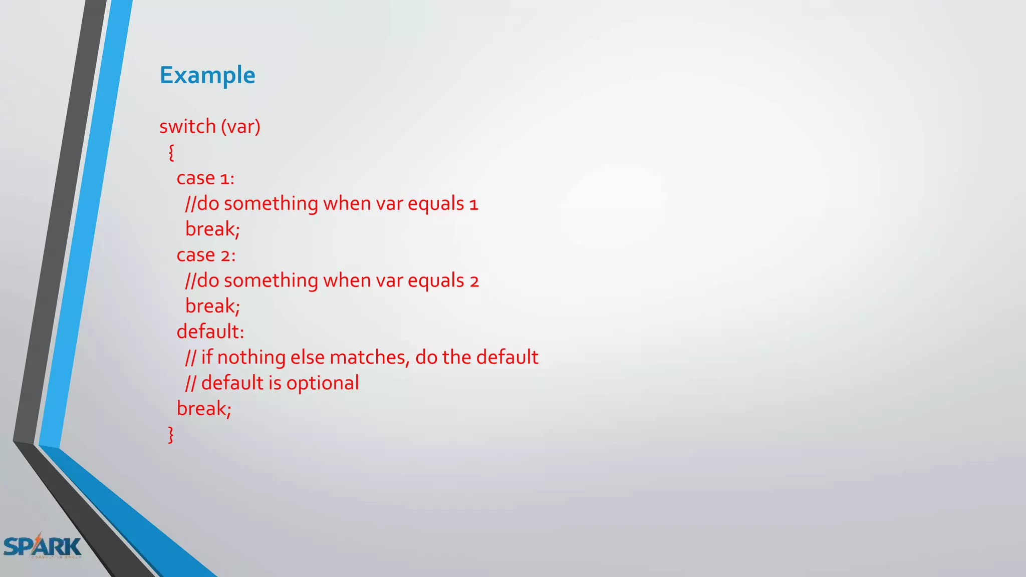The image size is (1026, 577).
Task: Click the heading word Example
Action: pyautogui.click(x=207, y=75)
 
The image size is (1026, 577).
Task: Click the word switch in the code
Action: pyautogui.click(x=187, y=126)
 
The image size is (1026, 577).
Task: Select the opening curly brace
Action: pyautogui.click(x=171, y=152)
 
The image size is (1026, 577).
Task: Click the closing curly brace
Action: pyautogui.click(x=171, y=434)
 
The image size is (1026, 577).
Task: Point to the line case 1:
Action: pyautogui.click(x=205, y=178)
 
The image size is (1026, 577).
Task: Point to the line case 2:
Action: pyautogui.click(x=206, y=255)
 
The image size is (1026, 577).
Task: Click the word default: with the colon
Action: pyautogui.click(x=210, y=332)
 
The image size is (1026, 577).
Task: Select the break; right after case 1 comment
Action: pyautogui.click(x=212, y=229)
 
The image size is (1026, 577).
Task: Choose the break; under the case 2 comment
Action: pyautogui.click(x=212, y=306)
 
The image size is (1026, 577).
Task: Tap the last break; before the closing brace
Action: pyautogui.click(x=204, y=409)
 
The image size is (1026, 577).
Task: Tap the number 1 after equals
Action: pyautogui.click(x=474, y=204)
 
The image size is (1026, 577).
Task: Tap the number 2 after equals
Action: pyautogui.click(x=474, y=281)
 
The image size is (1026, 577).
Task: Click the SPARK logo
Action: pyautogui.click(x=42, y=546)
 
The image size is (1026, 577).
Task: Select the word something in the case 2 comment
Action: pyautogui.click(x=271, y=281)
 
